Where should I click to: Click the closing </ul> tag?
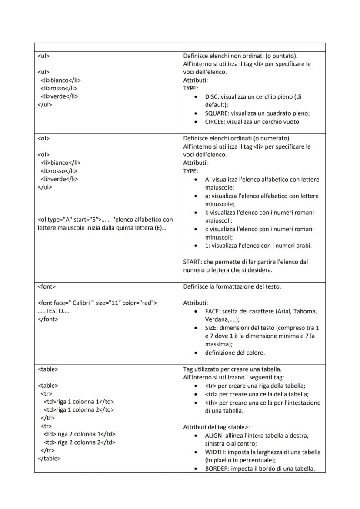point(45,105)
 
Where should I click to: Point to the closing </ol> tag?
point(45,187)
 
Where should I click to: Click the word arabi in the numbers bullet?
point(303,246)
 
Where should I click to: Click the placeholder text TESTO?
point(54,311)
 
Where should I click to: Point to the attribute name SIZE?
point(212,328)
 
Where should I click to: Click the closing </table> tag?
point(49,458)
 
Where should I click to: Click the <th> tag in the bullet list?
point(211,403)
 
